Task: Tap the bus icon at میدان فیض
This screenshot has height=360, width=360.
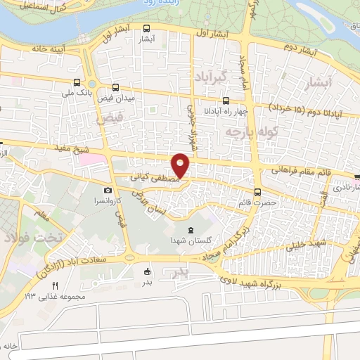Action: [x=115, y=88]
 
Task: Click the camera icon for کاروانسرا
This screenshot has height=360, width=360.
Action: [x=108, y=191]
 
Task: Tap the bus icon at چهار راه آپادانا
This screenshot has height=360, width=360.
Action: [x=226, y=101]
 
